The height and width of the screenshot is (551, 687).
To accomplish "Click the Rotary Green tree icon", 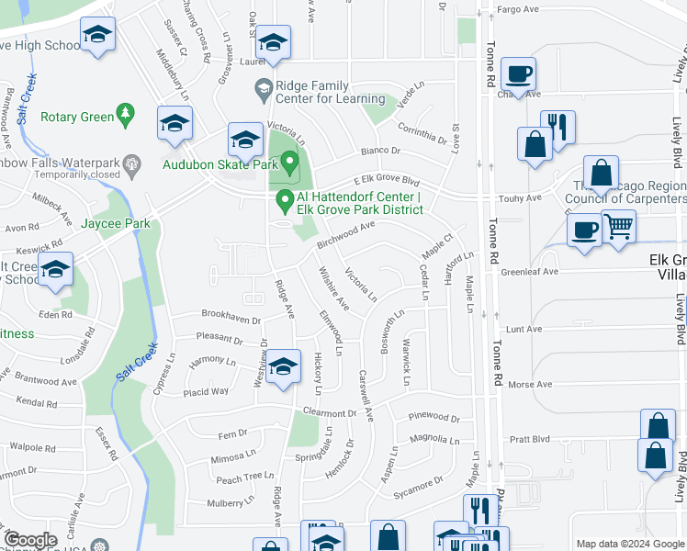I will pyautogui.click(x=126, y=115).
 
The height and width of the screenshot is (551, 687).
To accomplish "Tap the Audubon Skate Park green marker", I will pyautogui.click(x=290, y=164).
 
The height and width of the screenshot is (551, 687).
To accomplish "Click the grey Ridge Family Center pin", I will pyautogui.click(x=262, y=88).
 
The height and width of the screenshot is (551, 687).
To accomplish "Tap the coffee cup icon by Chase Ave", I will pyautogui.click(x=519, y=73).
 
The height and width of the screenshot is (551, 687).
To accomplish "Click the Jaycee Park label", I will pyautogui.click(x=115, y=223).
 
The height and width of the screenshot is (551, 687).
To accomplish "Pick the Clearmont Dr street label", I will pyautogui.click(x=328, y=412).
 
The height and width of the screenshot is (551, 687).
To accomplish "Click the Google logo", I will pyautogui.click(x=29, y=540).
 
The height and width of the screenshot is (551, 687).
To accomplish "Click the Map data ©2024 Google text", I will pyautogui.click(x=629, y=544).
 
